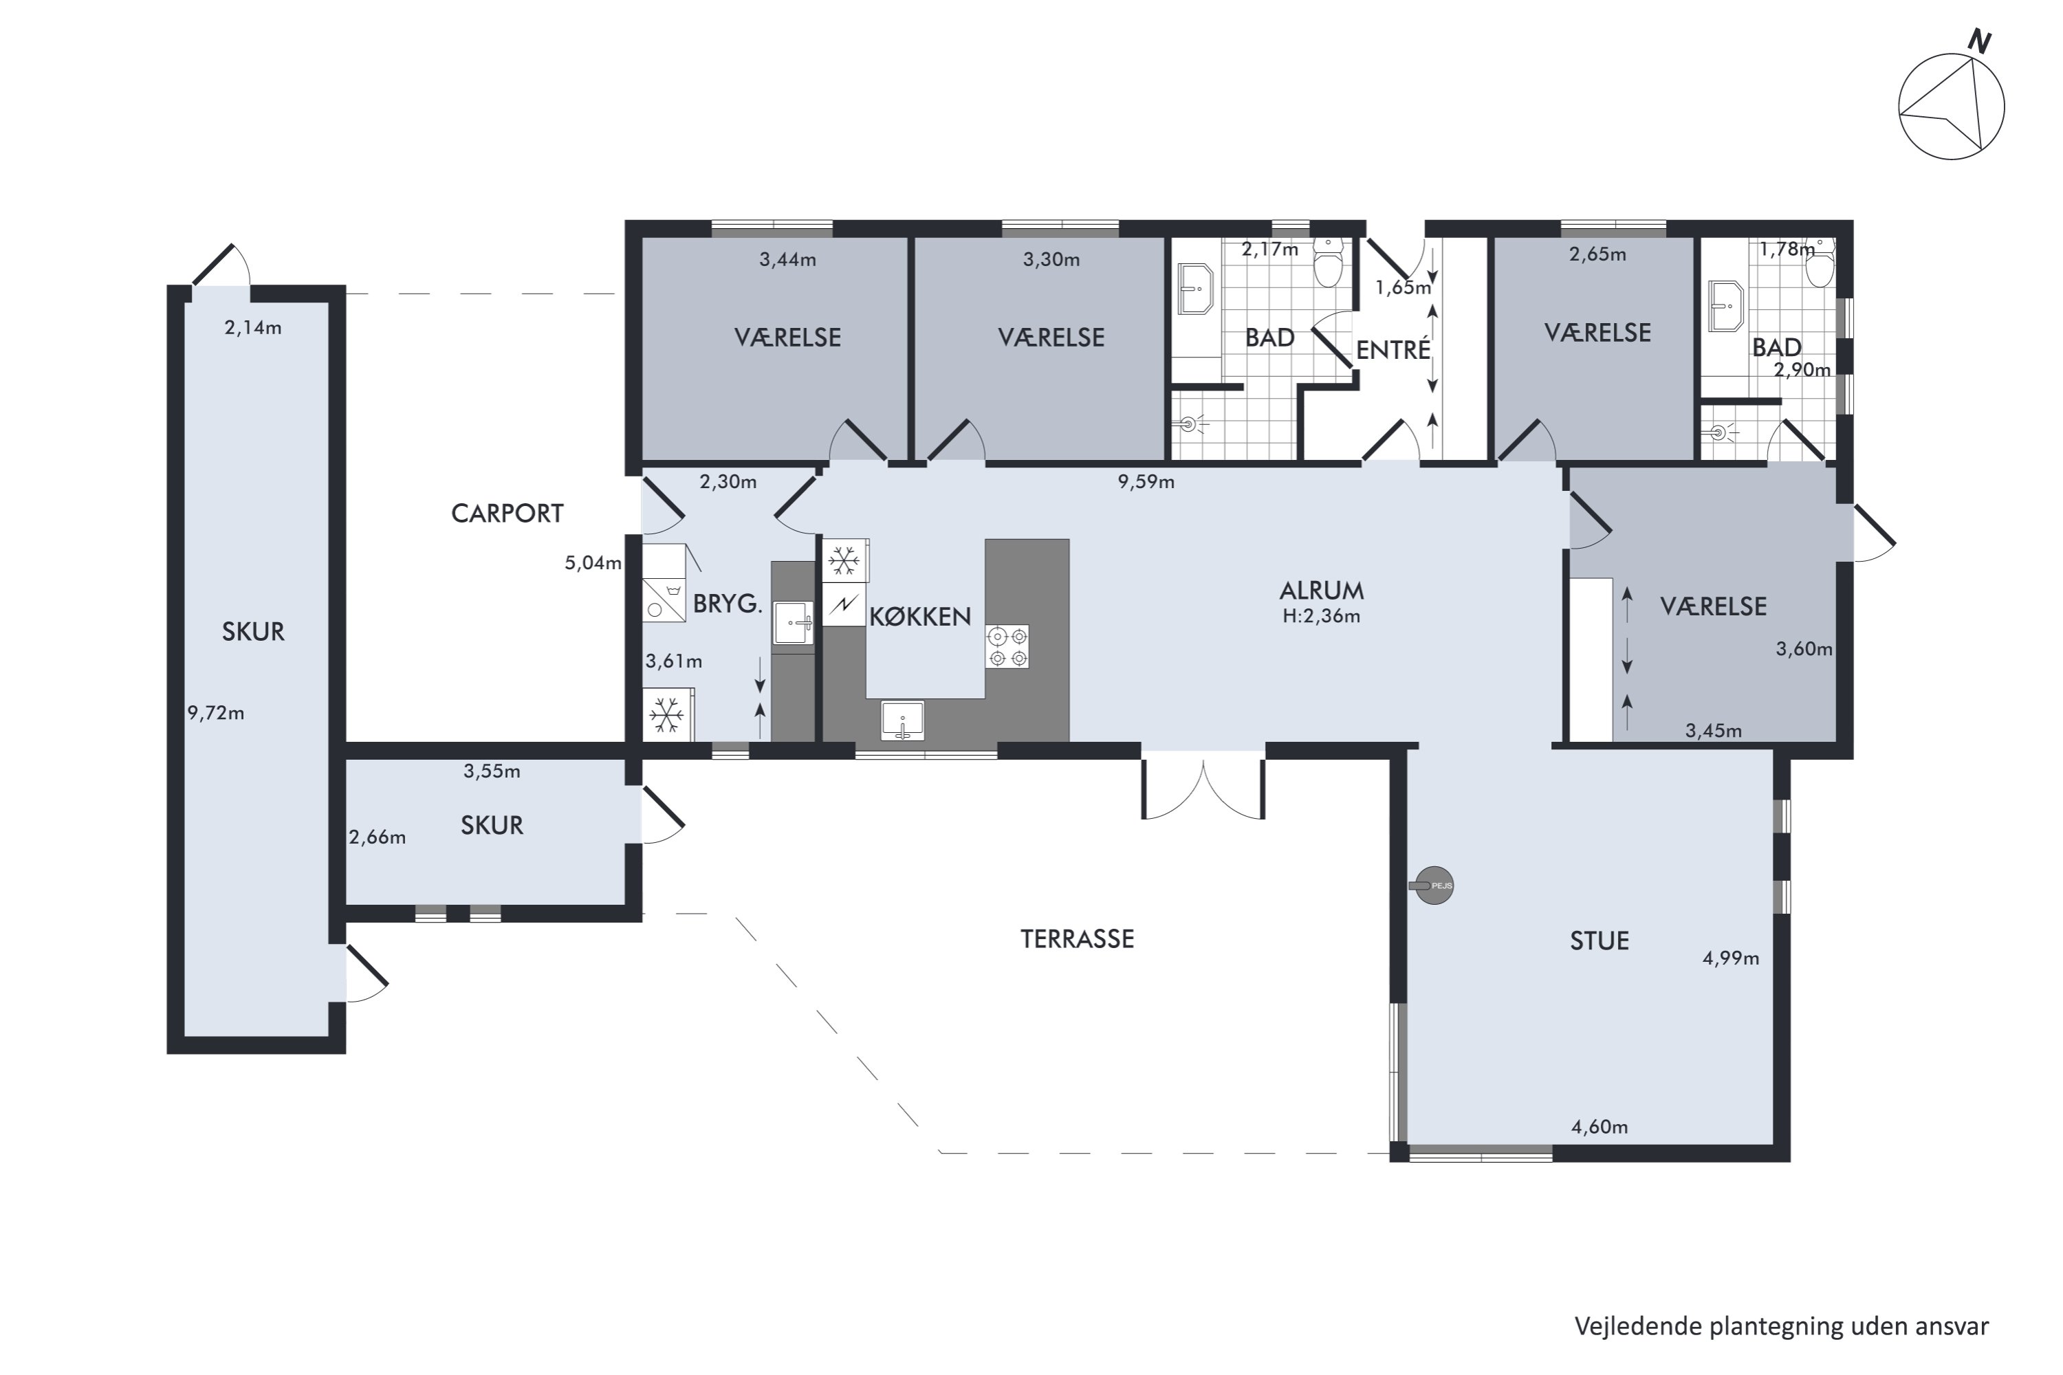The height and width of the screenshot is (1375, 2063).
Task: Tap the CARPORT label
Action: click(507, 514)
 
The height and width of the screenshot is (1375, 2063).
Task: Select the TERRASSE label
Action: click(1077, 939)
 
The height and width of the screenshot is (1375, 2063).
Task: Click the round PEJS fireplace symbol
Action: click(1432, 885)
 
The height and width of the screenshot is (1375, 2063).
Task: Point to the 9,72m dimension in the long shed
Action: click(216, 714)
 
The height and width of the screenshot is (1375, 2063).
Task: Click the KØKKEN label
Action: click(920, 617)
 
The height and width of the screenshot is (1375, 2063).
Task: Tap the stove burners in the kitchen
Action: click(1007, 646)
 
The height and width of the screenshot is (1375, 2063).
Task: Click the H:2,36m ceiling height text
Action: click(1322, 617)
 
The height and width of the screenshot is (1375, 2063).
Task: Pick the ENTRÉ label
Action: click(1393, 350)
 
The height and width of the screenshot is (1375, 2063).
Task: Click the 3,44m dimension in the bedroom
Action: click(787, 260)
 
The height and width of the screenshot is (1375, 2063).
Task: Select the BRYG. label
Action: click(727, 604)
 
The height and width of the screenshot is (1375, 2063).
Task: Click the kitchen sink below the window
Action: click(902, 720)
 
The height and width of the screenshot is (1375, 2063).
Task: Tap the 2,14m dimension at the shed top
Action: click(252, 328)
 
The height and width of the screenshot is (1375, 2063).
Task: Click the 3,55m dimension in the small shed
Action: click(492, 771)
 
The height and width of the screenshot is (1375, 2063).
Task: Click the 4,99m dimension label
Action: click(1731, 958)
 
